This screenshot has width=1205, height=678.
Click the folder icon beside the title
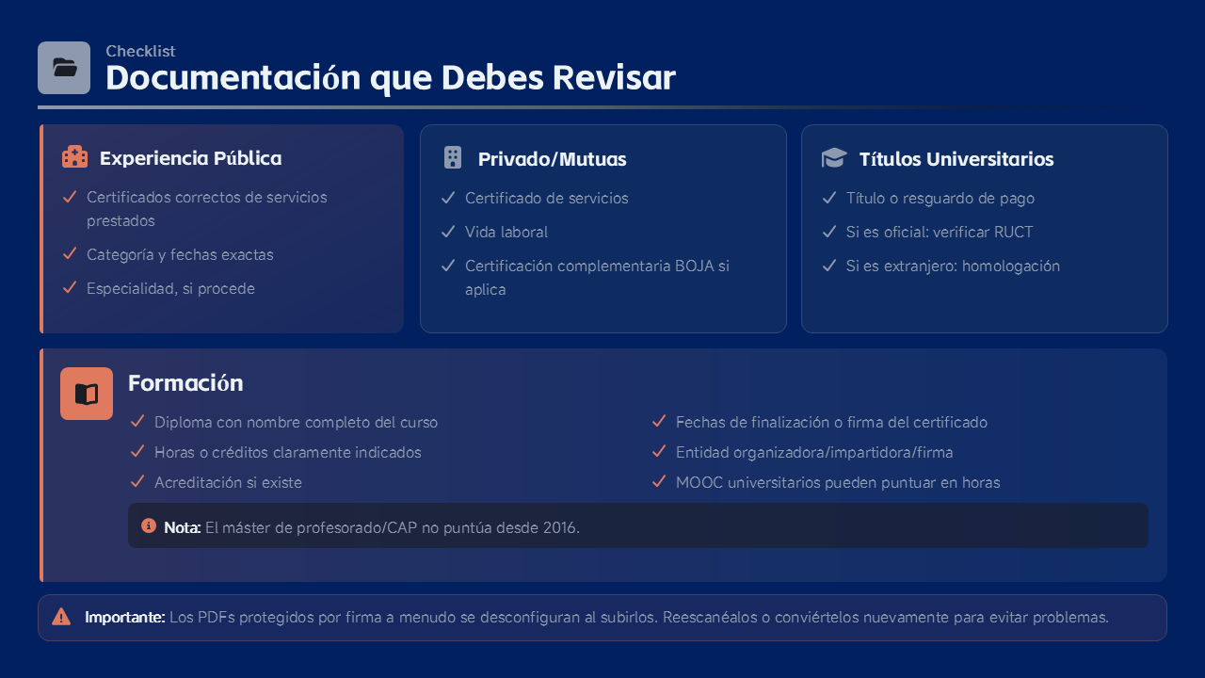65,68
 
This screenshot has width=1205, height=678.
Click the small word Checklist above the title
140,51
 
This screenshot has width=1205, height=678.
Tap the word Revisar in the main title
614,77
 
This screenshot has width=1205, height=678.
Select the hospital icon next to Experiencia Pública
74,157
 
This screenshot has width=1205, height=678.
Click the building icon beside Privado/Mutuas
453,157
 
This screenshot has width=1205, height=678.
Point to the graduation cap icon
834,157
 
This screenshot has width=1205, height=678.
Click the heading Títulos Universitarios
956,159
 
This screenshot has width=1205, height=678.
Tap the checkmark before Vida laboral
448,232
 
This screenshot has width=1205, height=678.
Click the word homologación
1011,266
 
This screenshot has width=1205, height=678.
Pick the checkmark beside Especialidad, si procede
70,287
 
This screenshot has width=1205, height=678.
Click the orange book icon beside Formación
87,394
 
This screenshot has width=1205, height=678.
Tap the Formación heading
185,383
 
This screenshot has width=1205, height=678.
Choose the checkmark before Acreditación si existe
137,481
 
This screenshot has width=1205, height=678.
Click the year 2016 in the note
559,527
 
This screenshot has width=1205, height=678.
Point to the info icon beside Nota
149,525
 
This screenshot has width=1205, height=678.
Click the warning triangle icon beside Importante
61,617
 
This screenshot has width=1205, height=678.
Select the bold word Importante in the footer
125,617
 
